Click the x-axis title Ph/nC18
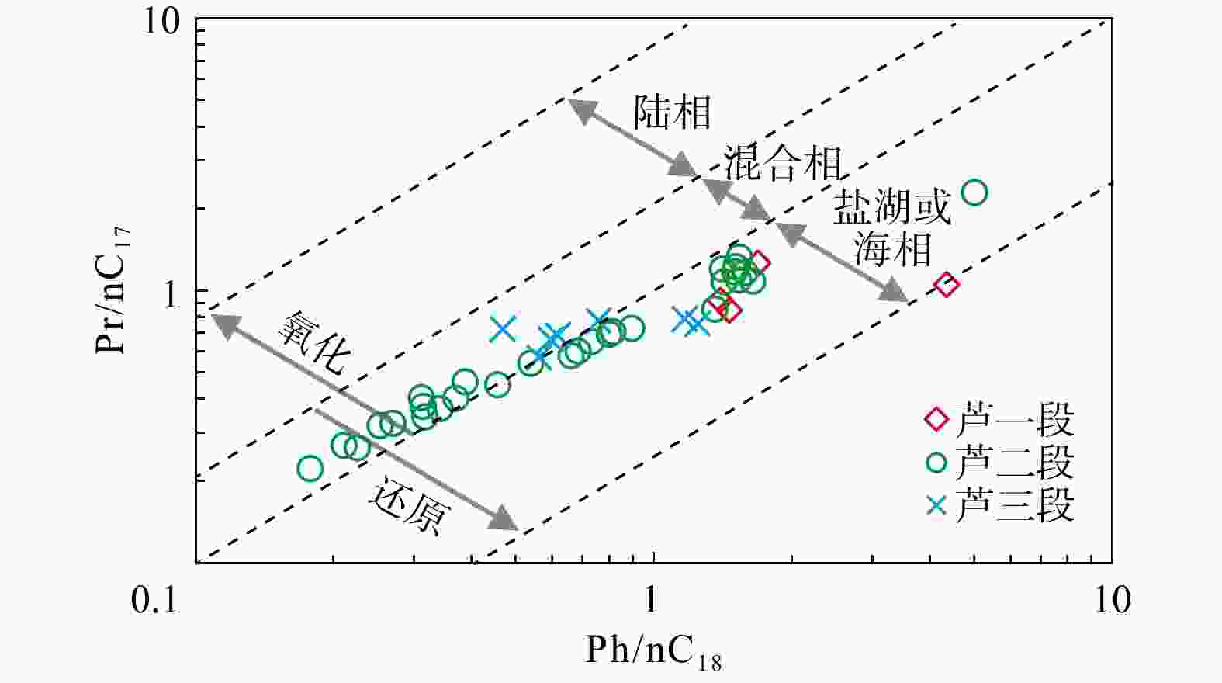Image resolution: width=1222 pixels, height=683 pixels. point(653,651)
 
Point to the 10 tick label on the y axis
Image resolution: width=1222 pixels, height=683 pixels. point(160,22)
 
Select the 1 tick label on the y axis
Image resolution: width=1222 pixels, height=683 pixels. point(172,296)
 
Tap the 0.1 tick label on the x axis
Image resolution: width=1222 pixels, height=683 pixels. point(154,600)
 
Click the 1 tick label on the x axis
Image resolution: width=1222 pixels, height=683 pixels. point(651,600)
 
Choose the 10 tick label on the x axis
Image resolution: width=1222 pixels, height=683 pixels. point(1112,600)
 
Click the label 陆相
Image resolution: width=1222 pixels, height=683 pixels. point(672,113)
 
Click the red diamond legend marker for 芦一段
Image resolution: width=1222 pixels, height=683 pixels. point(936,420)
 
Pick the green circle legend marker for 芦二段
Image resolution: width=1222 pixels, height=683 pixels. point(936,463)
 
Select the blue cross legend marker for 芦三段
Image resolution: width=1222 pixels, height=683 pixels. point(936,506)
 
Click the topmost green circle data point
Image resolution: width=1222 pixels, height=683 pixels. point(974,192)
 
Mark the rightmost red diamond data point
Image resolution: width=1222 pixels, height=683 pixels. point(946,285)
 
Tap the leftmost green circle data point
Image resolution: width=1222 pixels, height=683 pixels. point(310,468)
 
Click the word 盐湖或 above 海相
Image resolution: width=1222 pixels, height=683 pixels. point(892,207)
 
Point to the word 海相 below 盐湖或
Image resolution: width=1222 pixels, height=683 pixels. point(892,250)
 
